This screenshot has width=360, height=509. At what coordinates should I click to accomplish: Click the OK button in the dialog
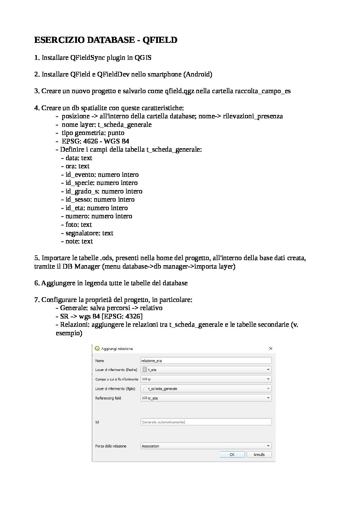coord(232,455)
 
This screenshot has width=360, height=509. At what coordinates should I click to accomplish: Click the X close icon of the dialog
coord(271,349)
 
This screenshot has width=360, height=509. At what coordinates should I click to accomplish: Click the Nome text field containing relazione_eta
coord(206,360)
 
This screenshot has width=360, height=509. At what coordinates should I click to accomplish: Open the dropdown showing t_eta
coord(206,370)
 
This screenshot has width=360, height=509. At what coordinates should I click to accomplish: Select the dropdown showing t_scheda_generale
coord(206,389)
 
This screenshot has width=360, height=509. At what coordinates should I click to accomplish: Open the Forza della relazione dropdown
coord(206,446)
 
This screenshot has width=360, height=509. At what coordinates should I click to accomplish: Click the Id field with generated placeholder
coord(206,422)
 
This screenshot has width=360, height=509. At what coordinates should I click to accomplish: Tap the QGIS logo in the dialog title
coord(97,349)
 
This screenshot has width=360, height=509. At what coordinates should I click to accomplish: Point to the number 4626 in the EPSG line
coord(91,141)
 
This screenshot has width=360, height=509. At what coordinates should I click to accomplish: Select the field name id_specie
coord(79,183)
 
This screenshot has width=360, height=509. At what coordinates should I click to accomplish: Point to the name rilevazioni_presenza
coord(253,116)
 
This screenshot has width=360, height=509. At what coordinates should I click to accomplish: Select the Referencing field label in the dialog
coord(108,398)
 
